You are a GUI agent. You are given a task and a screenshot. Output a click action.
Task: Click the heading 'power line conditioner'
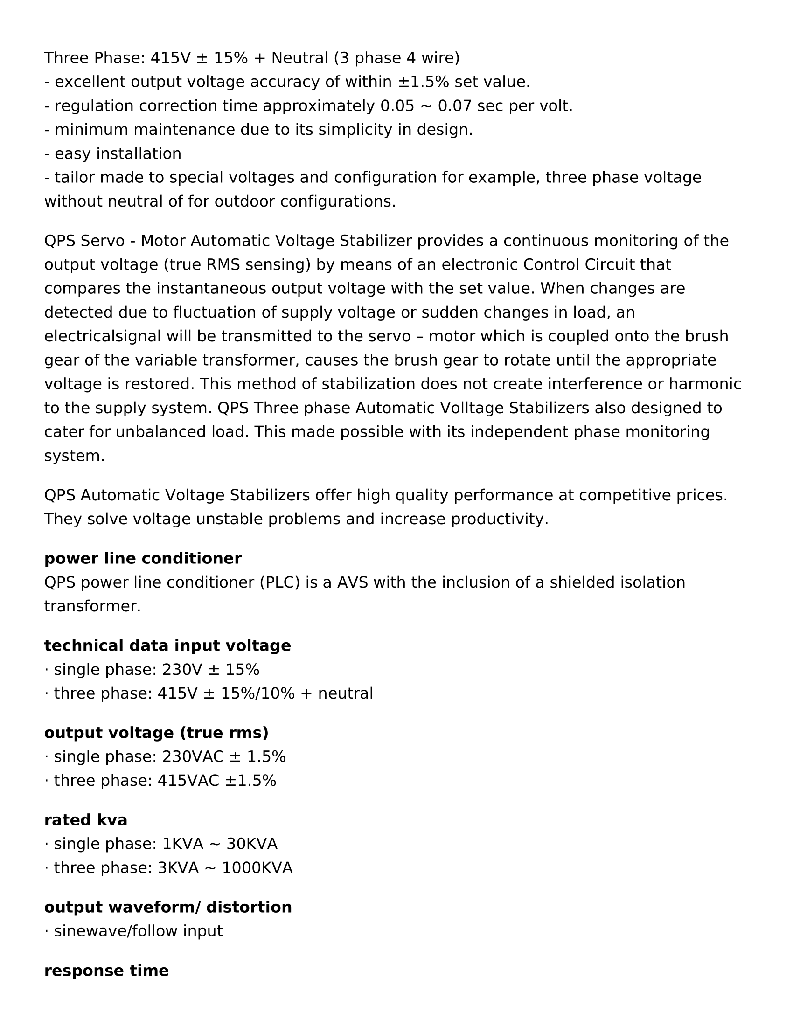coord(143,559)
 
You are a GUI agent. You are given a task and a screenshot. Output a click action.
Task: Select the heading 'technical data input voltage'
coord(167,645)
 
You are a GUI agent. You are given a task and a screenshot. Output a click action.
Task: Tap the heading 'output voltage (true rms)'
coord(156,733)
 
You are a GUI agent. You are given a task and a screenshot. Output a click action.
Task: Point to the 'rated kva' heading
coord(85,820)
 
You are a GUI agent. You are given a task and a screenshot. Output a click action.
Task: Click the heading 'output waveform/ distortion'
coord(168,907)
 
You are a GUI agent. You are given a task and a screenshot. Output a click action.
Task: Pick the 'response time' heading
coord(106,971)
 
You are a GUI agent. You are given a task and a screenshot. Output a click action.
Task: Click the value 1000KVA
coord(257,868)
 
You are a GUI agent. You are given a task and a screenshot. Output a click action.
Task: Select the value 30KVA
coord(252,844)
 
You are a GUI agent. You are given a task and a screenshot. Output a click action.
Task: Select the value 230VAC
coord(191,757)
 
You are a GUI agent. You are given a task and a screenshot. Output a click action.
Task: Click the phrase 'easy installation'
coord(118,153)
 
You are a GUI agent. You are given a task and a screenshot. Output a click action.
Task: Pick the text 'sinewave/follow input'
coord(138,931)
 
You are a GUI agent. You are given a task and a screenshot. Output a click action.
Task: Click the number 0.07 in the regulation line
coord(454,106)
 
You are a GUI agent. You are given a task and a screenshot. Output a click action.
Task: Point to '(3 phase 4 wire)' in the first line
coord(397,58)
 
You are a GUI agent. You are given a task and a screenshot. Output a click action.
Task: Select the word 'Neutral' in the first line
coord(300,58)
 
